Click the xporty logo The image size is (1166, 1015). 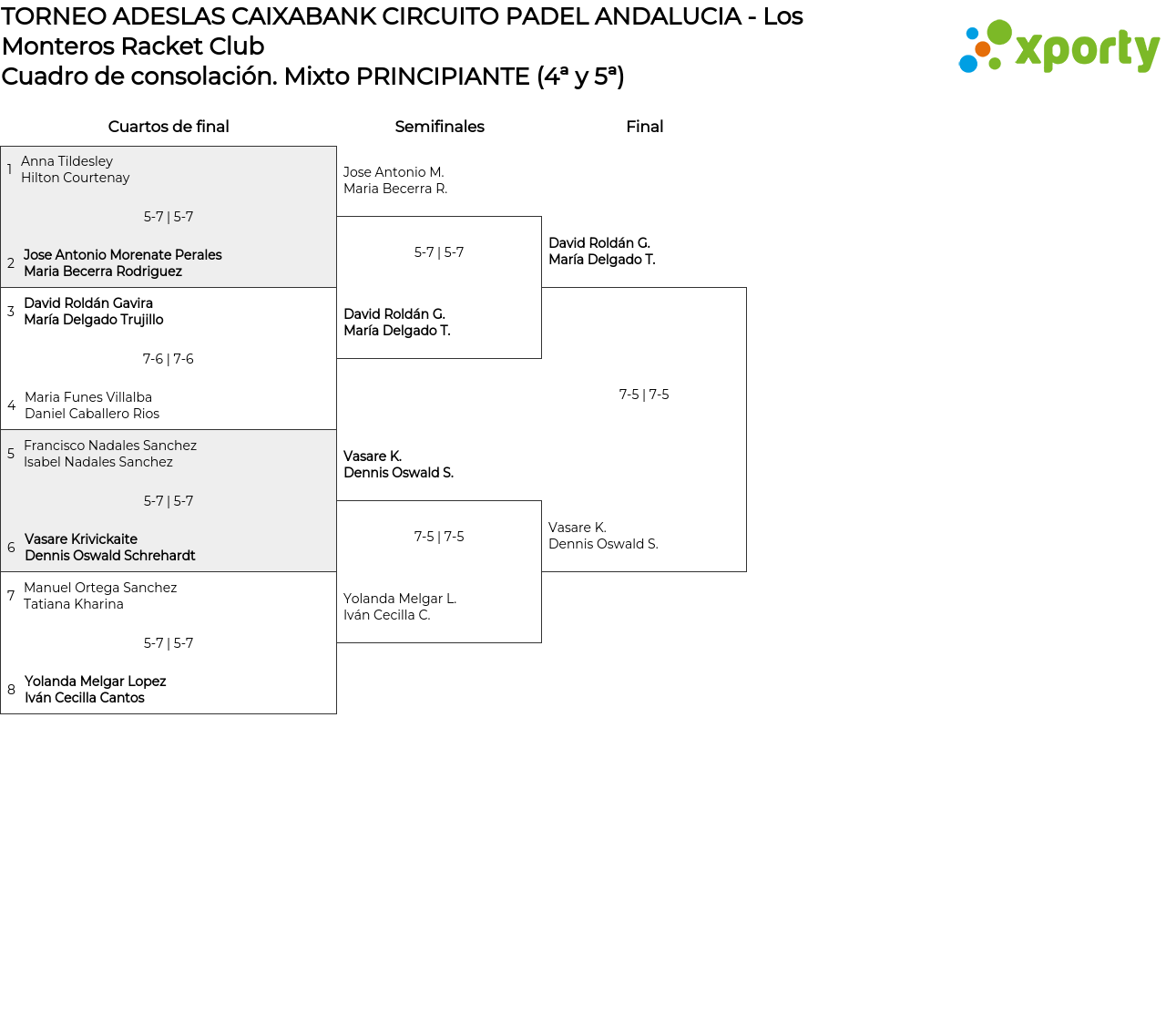1059,47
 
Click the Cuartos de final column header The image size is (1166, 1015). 169,127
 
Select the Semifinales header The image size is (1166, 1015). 439,127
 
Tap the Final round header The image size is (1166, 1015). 644,127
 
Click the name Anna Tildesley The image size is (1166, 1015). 66,161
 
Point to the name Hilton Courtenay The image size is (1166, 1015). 75,178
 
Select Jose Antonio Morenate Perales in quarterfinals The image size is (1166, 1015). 122,255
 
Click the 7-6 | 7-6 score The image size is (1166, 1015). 169,359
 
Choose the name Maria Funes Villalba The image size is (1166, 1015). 88,397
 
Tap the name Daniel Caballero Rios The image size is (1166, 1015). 92,414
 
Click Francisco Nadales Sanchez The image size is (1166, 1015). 110,446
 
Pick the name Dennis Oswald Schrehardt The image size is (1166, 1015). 109,556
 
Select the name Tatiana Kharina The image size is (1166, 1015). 74,604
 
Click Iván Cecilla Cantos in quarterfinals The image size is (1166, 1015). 84,698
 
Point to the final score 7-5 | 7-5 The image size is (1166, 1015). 644,395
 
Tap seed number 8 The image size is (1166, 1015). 11,690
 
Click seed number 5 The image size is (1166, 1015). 11,454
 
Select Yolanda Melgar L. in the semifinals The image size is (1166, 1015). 400,599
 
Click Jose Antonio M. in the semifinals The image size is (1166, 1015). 394,172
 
